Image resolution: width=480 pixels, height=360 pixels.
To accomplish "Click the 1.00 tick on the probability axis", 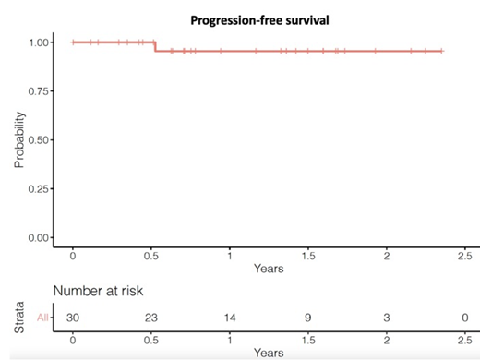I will tap(39, 42).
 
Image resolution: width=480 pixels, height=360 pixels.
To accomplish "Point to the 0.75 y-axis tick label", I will tap(39, 91).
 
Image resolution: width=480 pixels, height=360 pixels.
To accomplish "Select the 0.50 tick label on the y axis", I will tap(39, 140).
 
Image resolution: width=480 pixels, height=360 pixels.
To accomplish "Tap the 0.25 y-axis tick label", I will tap(39, 189).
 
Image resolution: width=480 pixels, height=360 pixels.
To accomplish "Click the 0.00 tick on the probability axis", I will tap(39, 238).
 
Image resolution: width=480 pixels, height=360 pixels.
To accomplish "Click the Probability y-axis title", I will tap(18, 139).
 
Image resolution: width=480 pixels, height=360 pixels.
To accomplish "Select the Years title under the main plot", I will tap(269, 269).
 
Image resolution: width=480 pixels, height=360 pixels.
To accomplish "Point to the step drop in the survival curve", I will tap(154, 46).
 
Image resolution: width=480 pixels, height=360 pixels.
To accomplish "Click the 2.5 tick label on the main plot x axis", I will tap(464, 255).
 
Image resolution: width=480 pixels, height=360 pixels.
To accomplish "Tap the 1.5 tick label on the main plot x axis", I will tap(308, 255).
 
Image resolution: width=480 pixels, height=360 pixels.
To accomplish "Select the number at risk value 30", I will tap(73, 317).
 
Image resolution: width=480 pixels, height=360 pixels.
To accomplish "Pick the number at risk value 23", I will tap(151, 317).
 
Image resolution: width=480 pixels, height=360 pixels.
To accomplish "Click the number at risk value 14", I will tap(230, 317).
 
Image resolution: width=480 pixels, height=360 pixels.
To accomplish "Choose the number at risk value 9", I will tap(308, 317).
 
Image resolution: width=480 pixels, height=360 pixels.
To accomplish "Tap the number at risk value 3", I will tap(387, 317).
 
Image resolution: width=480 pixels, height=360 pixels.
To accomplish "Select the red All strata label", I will tap(42, 317).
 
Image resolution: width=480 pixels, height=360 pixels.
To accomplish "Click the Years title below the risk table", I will tap(269, 352).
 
